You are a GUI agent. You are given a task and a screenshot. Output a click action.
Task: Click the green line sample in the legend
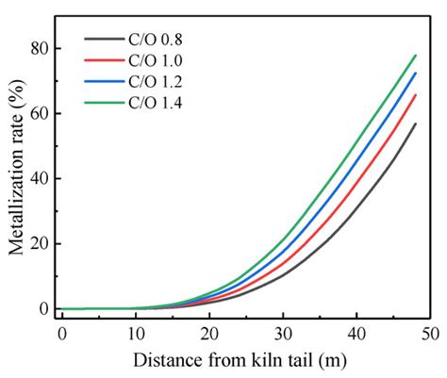[x=100, y=101]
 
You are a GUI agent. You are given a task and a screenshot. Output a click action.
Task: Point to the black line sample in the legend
[x=100, y=39]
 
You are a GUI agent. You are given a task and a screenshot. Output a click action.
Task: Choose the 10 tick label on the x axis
[x=135, y=334]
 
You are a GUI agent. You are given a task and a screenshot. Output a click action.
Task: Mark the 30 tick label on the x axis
[x=282, y=334]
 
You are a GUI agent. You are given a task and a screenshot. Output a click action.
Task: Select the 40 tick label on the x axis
[x=356, y=334]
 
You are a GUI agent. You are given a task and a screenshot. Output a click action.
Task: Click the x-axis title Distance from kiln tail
[x=241, y=360]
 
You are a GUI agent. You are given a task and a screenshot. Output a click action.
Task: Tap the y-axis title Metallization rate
[x=15, y=174]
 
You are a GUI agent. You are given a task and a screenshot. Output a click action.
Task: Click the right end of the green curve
[x=416, y=55]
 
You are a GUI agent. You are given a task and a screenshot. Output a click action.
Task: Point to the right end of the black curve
[x=416, y=123]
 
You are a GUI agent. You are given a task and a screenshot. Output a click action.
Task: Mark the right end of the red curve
[x=416, y=94]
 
